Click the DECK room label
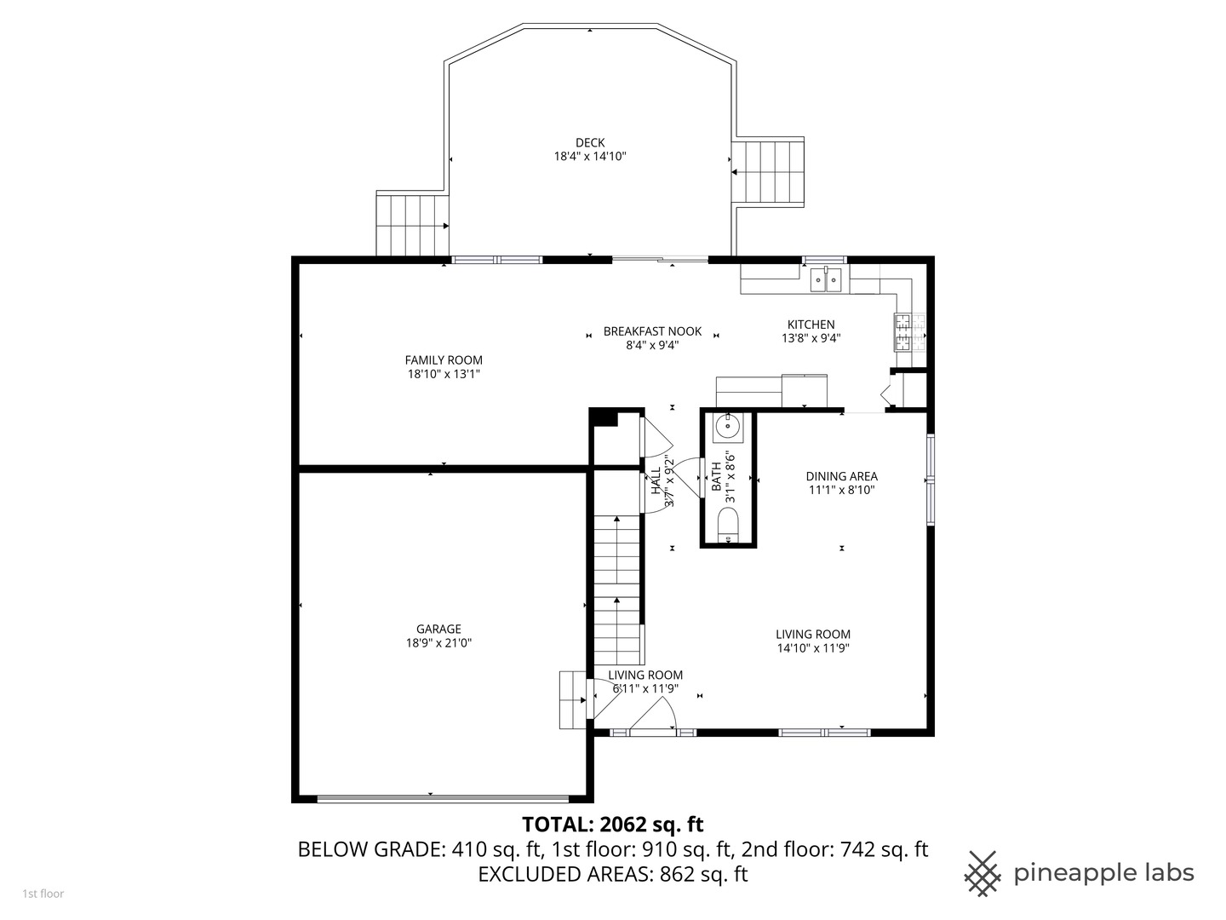click(x=590, y=143)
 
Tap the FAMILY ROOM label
click(x=444, y=360)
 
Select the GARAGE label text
click(x=438, y=630)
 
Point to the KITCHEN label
click(x=811, y=325)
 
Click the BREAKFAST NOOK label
click(x=652, y=331)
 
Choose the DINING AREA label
click(x=841, y=477)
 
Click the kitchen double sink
click(x=826, y=279)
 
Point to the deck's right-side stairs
click(x=769, y=171)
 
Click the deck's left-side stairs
click(x=412, y=225)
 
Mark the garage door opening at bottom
click(x=443, y=798)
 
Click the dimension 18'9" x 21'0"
click(x=438, y=643)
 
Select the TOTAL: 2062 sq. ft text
click(x=612, y=825)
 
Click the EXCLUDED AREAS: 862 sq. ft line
click(x=612, y=874)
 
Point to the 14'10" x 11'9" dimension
click(x=812, y=647)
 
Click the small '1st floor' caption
click(x=43, y=894)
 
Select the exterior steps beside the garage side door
click(x=572, y=699)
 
